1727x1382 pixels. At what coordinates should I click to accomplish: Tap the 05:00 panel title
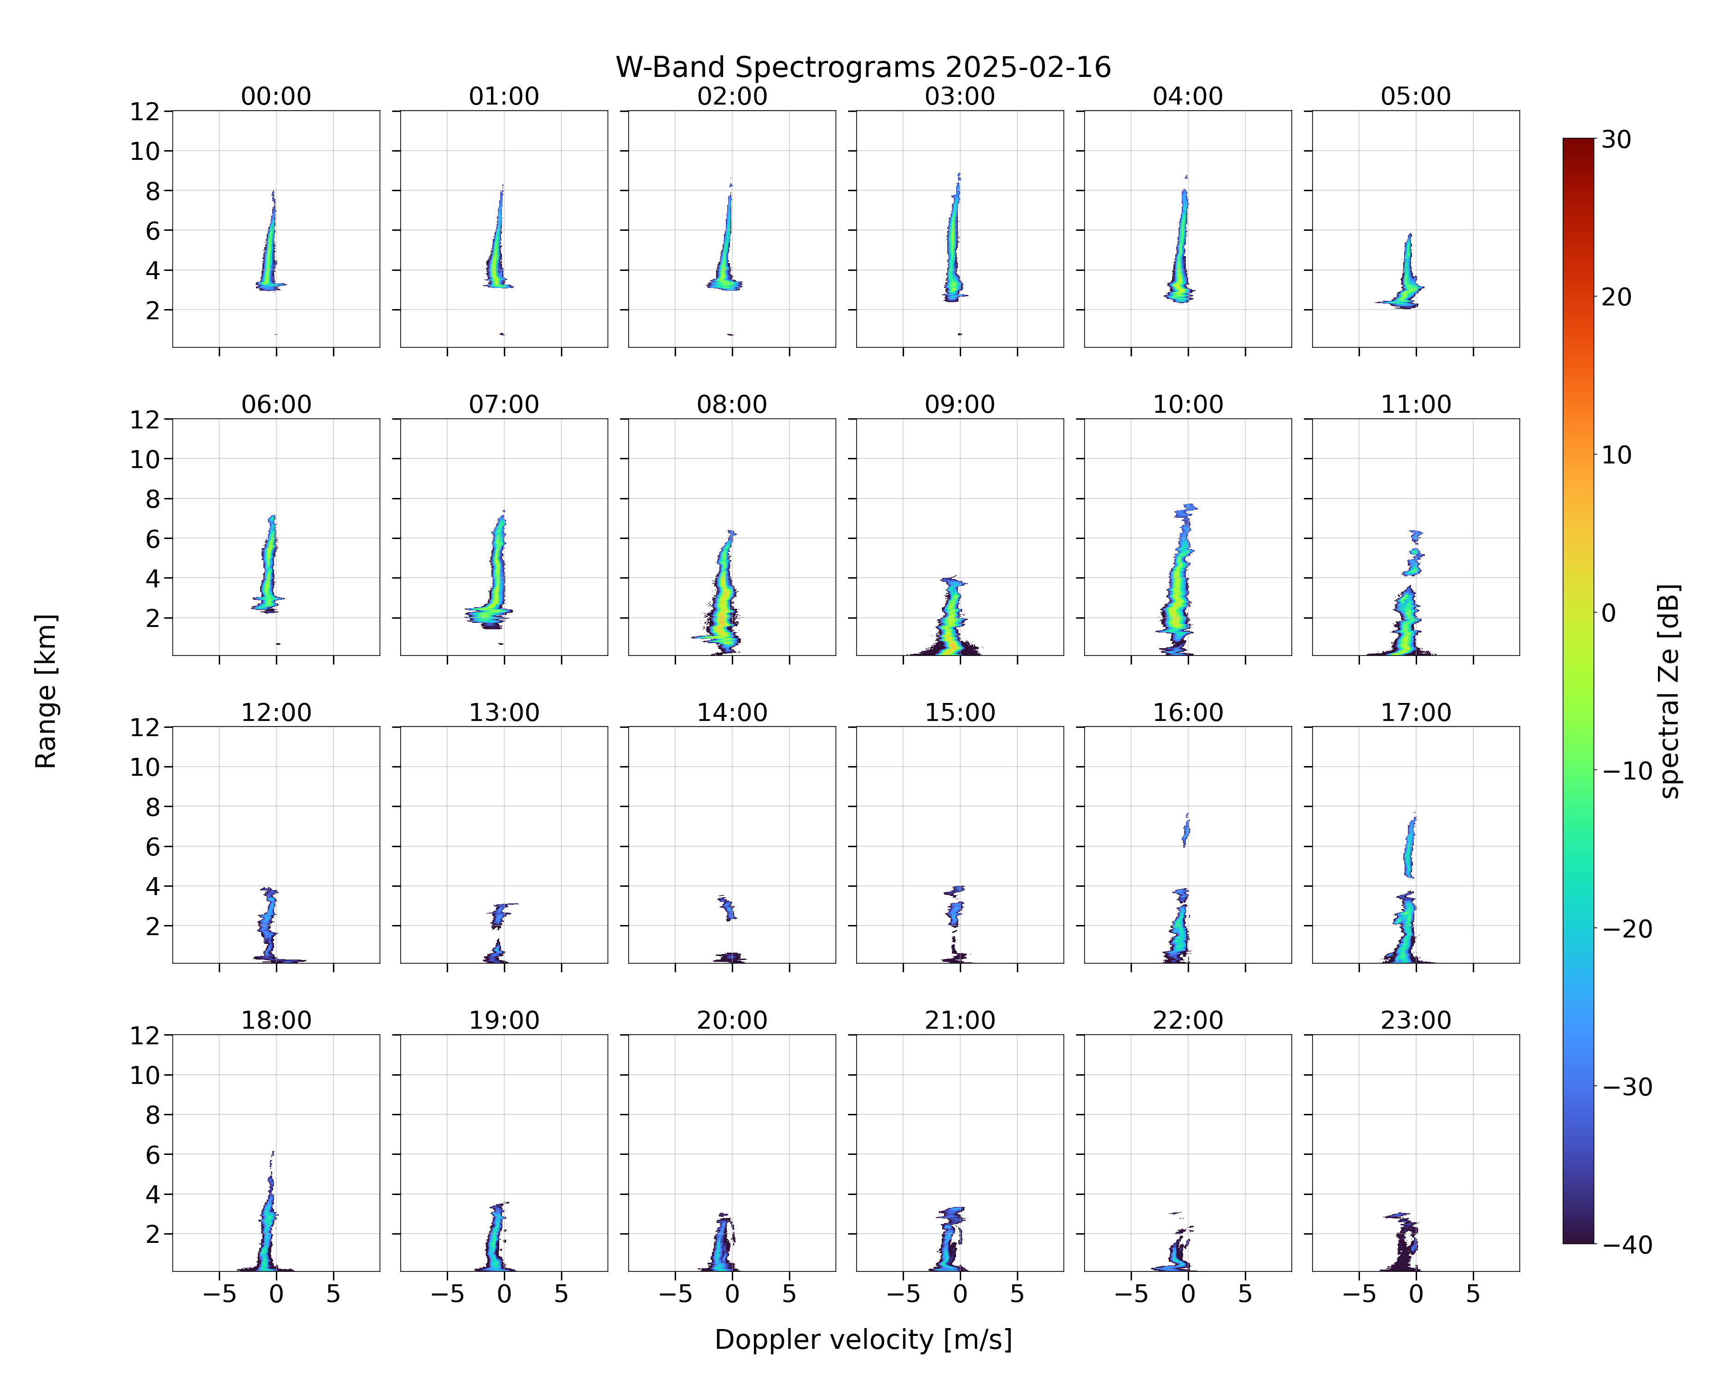(x=1415, y=96)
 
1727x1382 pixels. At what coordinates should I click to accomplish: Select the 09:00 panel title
(x=960, y=404)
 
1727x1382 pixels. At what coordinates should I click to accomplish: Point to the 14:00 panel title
(x=732, y=712)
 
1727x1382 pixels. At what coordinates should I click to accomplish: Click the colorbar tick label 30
(x=1616, y=140)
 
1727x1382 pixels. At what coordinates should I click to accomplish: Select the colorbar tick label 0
(x=1609, y=613)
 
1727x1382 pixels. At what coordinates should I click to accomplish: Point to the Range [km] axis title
(x=46, y=691)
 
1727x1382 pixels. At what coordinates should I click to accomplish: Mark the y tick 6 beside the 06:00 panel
(x=153, y=539)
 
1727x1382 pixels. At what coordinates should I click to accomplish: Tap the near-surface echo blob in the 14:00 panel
(x=730, y=957)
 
